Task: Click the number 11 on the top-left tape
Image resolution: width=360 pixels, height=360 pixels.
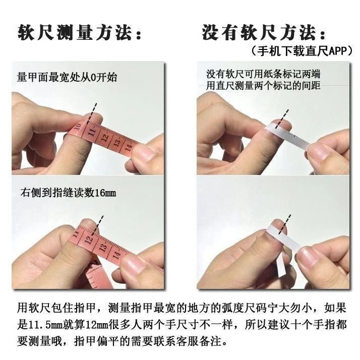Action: tap(91, 133)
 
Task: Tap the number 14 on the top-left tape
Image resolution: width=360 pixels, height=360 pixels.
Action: tap(128, 148)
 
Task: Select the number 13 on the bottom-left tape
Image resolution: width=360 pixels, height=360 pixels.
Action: tap(103, 248)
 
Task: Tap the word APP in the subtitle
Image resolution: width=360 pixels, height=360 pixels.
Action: tap(335, 51)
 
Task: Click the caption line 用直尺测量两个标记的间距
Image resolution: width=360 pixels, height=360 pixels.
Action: tap(263, 86)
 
